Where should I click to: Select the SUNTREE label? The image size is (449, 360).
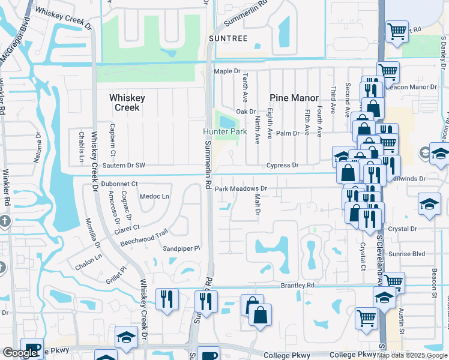point(228,38)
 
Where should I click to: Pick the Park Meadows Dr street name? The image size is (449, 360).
point(240,188)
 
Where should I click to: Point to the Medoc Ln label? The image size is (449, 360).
point(154,196)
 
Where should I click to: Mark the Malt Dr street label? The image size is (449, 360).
point(257,205)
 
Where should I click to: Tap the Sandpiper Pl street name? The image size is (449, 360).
point(181,247)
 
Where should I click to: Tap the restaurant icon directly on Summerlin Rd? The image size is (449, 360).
point(207,301)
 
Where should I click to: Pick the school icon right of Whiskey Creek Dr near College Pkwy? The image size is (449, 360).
point(127,338)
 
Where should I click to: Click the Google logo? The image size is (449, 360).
point(20,353)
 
